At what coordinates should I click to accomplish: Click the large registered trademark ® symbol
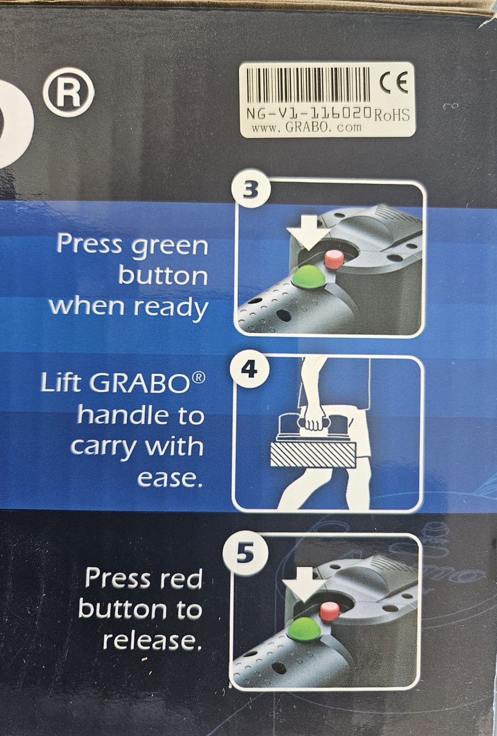[69, 92]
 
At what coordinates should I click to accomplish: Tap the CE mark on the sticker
[393, 83]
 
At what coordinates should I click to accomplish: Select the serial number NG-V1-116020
[309, 113]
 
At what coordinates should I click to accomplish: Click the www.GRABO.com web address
[306, 127]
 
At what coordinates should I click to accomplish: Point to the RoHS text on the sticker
[391, 115]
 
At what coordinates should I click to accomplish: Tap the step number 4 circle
[249, 369]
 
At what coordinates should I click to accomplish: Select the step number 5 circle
[245, 553]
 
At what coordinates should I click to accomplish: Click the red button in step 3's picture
[332, 258]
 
